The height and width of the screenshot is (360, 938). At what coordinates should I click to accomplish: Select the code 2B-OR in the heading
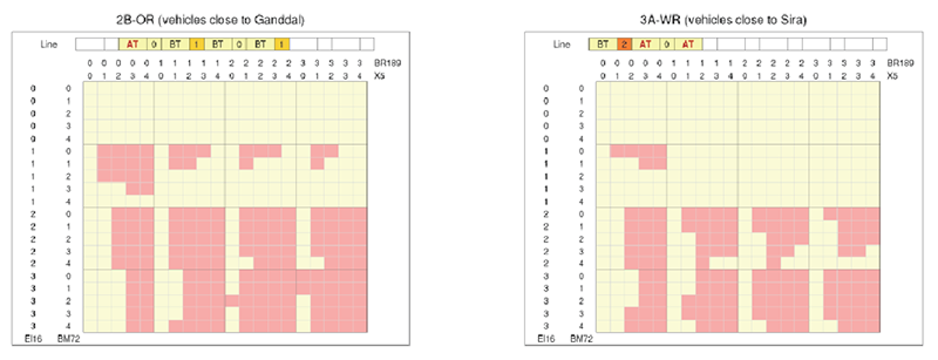135,20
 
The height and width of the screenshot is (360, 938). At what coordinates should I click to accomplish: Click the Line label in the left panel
49,45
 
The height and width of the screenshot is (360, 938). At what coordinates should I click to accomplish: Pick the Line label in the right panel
562,45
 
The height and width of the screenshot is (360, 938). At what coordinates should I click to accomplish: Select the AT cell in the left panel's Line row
133,44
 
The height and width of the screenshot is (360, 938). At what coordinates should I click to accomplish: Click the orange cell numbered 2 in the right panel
624,44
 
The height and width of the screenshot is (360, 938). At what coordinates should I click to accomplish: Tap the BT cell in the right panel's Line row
603,44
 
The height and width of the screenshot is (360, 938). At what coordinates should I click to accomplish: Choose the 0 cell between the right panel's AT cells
667,44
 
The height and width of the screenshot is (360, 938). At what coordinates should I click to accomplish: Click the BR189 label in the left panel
387,63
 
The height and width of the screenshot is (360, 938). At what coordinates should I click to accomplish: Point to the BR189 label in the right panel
900,63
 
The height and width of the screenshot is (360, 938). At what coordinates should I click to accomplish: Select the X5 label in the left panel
379,76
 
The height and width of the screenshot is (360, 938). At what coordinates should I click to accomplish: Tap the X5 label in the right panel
892,76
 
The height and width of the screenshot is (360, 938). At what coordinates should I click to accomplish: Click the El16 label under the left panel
33,339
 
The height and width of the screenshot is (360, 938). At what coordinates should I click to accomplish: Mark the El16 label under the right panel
546,339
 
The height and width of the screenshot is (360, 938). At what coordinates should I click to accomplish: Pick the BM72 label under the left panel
69,339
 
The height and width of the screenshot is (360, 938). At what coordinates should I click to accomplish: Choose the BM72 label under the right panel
582,339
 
